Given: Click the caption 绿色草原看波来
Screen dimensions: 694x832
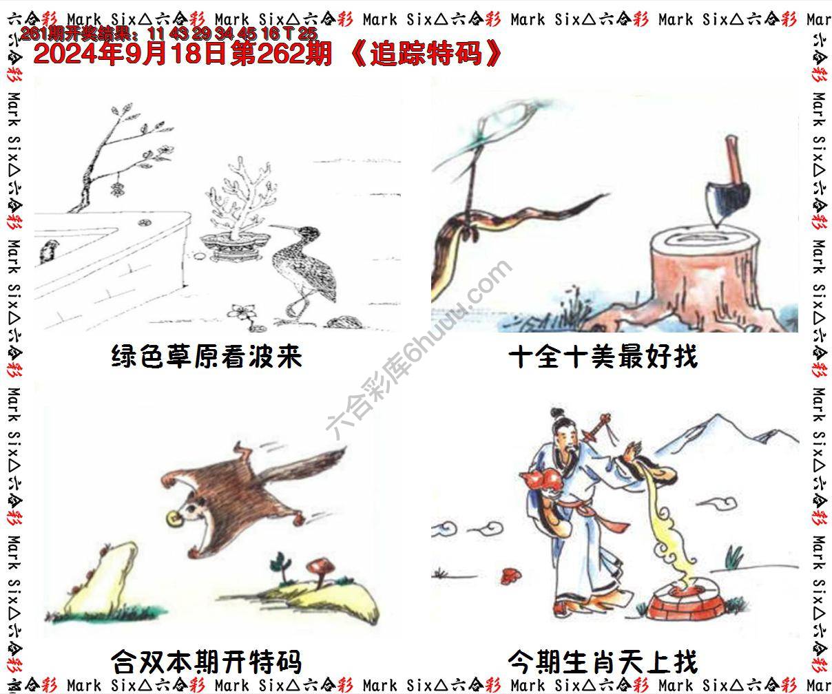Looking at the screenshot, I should click(x=207, y=357).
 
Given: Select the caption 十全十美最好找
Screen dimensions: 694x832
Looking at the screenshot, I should click(x=603, y=357).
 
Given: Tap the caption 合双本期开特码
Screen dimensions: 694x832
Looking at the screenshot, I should click(x=207, y=662).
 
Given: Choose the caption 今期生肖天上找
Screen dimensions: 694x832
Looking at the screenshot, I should click(x=603, y=662).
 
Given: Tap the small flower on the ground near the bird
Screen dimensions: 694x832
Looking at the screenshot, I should click(x=243, y=313).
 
